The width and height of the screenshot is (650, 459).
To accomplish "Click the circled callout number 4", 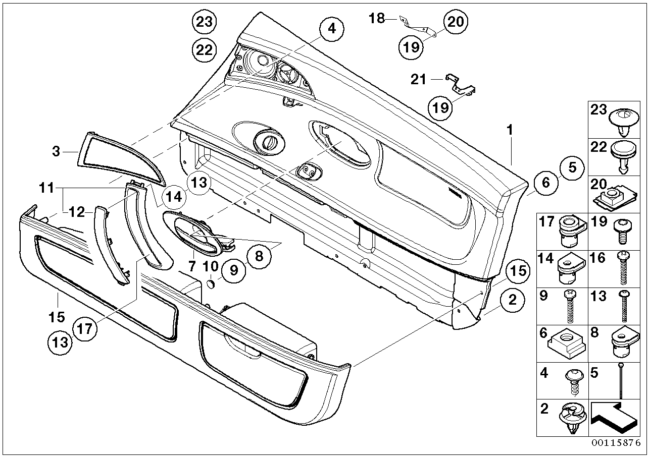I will point(331,29).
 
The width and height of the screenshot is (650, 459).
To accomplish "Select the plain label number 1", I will point(510,130).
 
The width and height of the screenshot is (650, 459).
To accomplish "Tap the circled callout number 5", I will point(572,167).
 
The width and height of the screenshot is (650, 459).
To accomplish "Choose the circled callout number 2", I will point(513,301).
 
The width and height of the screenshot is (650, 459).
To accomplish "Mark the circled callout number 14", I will point(173,197).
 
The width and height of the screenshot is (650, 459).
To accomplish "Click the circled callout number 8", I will point(259,256).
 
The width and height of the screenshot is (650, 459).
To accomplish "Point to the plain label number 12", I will point(77,213).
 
